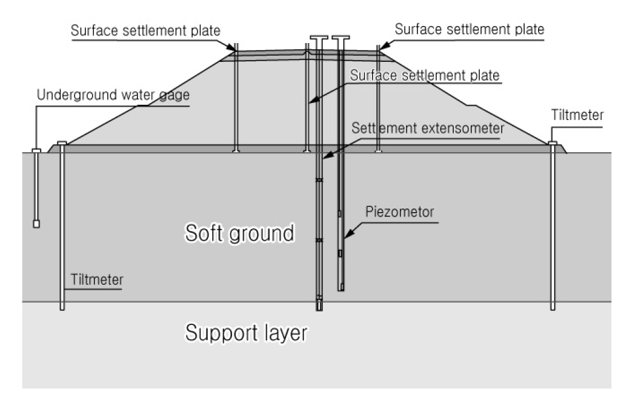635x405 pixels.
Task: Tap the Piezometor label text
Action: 400,213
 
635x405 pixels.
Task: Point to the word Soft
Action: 207,233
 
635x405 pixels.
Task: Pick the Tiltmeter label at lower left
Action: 96,279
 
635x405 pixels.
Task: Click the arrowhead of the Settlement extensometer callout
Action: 324,157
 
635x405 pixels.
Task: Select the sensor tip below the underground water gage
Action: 36,224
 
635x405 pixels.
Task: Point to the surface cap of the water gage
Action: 36,150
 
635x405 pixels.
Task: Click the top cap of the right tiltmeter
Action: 552,143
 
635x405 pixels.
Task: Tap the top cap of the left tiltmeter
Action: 61,143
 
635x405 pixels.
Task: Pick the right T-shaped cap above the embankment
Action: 341,38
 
